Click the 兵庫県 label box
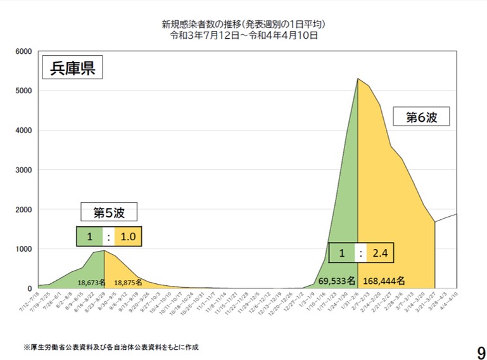(x=72, y=68)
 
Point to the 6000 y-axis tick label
(x=27, y=51)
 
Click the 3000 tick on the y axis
(x=27, y=170)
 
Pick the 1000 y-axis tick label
(x=27, y=249)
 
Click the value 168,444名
(x=384, y=280)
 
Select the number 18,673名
(x=91, y=283)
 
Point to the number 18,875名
(x=127, y=283)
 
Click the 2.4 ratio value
(x=380, y=254)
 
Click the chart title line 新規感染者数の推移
(x=243, y=25)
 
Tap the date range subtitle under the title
(x=243, y=35)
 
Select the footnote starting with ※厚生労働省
(x=111, y=347)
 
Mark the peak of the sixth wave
(x=358, y=79)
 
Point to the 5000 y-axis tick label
(x=27, y=91)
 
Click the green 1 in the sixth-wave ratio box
(x=342, y=254)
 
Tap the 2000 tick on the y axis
(x=27, y=209)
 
